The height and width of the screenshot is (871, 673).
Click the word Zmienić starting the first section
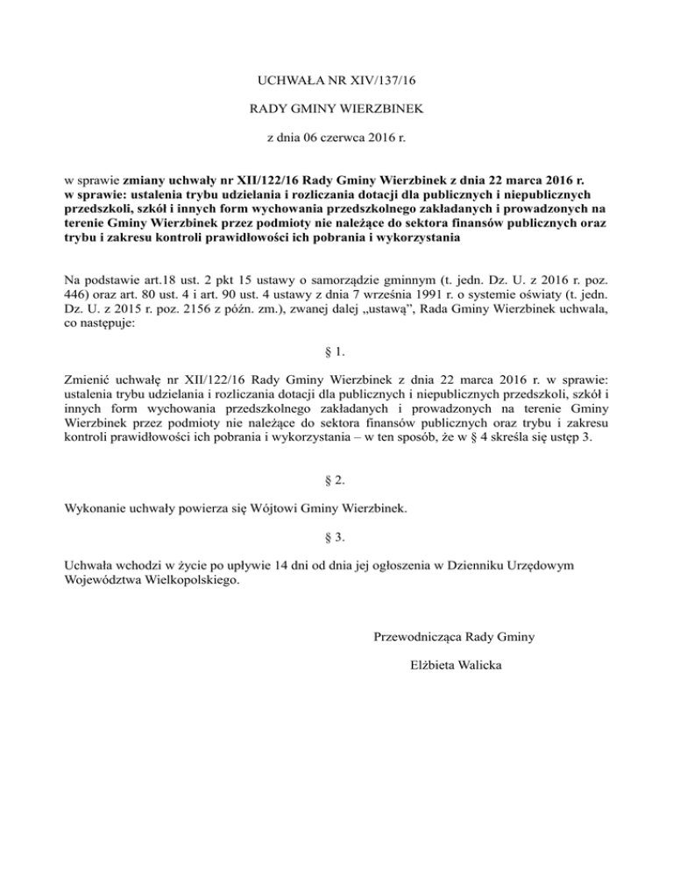point(93,381)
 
